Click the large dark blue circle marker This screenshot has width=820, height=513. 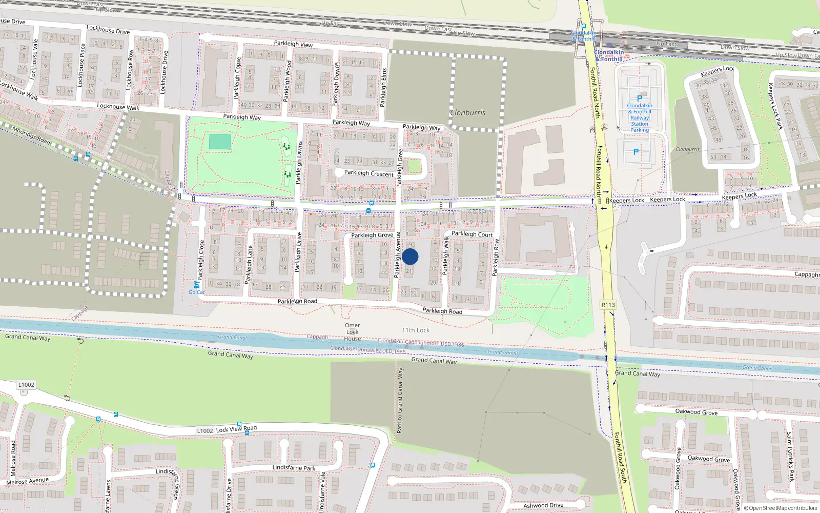[x=410, y=256]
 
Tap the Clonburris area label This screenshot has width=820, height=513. [x=467, y=113]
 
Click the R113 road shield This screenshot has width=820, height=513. [x=608, y=305]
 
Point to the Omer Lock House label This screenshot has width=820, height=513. [x=352, y=332]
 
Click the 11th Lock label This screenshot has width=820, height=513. [x=416, y=330]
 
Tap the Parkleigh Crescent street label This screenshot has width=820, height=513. [x=368, y=173]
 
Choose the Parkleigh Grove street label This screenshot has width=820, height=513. [x=372, y=235]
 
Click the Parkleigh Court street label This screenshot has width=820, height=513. [x=472, y=234]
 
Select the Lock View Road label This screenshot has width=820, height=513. [x=236, y=429]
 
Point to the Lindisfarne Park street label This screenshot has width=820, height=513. [x=294, y=468]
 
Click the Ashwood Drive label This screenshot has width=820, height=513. [x=543, y=505]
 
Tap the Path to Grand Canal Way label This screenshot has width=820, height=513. [x=400, y=400]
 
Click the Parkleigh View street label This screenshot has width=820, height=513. [x=293, y=44]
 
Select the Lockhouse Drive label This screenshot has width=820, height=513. [x=108, y=30]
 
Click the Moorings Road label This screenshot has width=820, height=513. [x=31, y=135]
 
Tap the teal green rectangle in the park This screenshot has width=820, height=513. [x=220, y=142]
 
